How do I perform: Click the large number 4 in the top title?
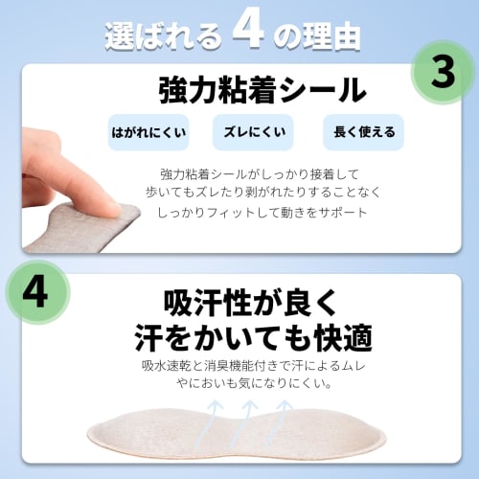pos(247,34)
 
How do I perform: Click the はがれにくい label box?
pos(149,132)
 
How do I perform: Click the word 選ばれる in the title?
pos(158,36)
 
